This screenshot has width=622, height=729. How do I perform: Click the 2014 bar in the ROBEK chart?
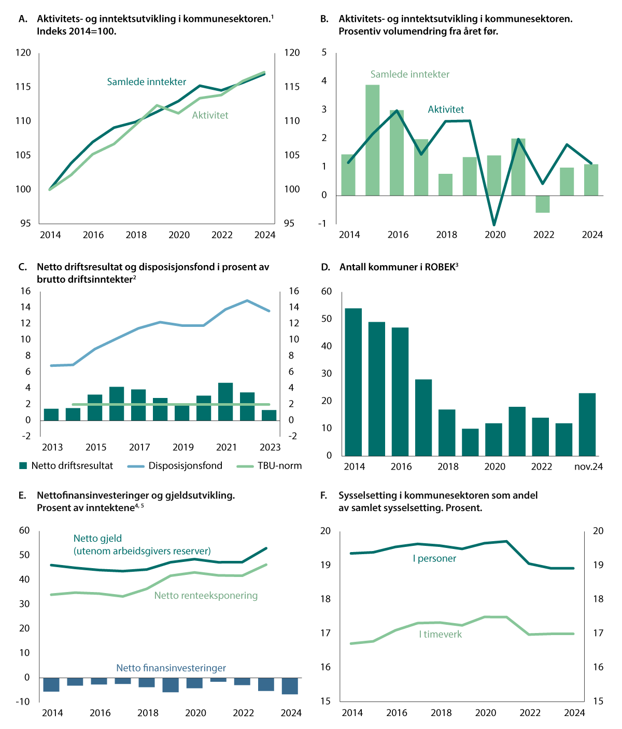[x=353, y=382]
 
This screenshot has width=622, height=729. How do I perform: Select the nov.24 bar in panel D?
[x=587, y=424]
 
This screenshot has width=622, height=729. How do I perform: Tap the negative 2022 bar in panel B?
[x=543, y=204]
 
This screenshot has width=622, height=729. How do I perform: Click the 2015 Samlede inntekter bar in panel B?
[x=372, y=140]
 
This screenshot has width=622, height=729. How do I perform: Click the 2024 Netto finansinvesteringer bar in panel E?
[x=290, y=686]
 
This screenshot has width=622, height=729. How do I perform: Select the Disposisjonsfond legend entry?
[x=185, y=466]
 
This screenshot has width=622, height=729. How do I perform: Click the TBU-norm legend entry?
[x=279, y=466]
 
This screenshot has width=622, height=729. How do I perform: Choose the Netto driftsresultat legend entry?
[x=72, y=466]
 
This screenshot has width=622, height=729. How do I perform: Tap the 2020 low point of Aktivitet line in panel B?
[x=494, y=225]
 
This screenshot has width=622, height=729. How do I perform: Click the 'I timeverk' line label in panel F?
[x=440, y=634]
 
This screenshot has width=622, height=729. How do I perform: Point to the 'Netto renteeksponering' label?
[x=206, y=596]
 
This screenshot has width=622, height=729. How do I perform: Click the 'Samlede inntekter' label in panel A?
[x=147, y=82]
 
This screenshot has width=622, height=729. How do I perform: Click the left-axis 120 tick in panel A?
[x=23, y=53]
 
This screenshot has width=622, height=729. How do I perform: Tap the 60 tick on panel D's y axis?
[x=326, y=292]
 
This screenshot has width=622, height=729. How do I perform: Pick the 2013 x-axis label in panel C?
[x=52, y=447]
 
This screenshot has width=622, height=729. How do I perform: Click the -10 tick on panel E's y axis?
[x=23, y=702]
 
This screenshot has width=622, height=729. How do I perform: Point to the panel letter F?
[x=323, y=496]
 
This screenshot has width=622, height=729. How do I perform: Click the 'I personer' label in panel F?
[x=434, y=559]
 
